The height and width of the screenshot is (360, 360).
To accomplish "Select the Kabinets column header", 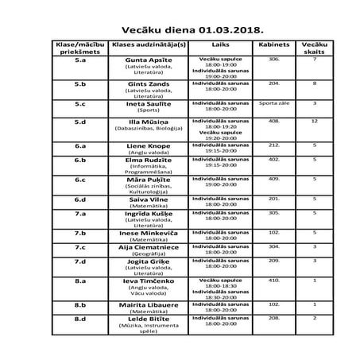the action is click(274, 46).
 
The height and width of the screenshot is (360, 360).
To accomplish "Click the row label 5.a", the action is click(79, 60).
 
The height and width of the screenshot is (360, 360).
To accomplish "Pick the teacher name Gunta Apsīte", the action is click(150, 60).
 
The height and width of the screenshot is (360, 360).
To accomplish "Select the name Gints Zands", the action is click(150, 83).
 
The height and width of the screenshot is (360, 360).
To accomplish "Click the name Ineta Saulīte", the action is click(150, 103).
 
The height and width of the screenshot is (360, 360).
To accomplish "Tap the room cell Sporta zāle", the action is click(274, 103).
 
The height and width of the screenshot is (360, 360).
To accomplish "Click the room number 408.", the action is click(274, 121).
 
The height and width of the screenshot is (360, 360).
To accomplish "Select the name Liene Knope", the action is click(150, 146).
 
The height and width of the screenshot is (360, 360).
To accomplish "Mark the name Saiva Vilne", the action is click(150, 198).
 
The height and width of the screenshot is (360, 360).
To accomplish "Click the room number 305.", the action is click(274, 212).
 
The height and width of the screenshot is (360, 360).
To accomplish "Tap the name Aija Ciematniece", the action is click(150, 246).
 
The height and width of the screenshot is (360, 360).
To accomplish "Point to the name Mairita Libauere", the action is click(150, 304).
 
